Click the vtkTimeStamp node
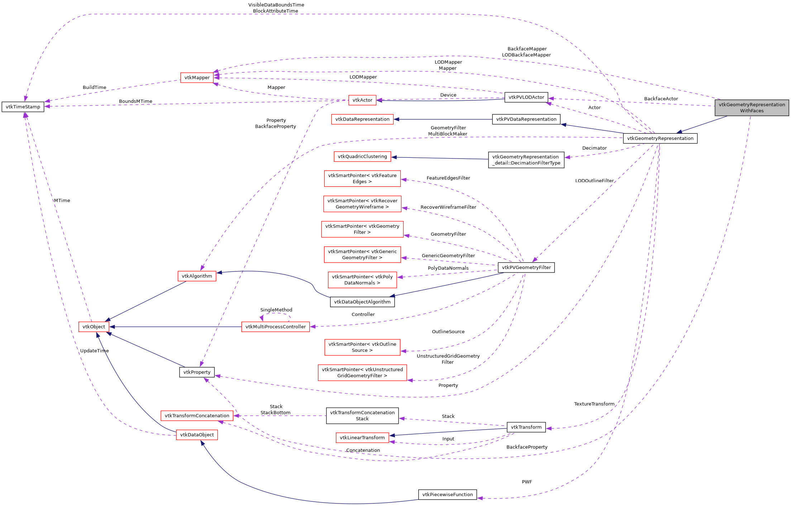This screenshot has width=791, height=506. pos(23,107)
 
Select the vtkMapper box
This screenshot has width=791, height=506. pos(197,77)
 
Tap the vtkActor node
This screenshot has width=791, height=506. pos(362,100)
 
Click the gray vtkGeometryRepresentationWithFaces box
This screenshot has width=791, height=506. pos(752,108)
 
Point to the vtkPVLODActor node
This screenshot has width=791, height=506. pos(526,97)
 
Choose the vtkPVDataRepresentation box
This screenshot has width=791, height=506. pos(526,119)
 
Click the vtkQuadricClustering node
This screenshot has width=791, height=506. pos(362,156)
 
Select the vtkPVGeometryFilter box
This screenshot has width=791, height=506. pos(526,267)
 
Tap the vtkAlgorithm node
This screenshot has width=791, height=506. pos(197,276)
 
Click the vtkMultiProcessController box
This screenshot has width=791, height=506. pos(275,327)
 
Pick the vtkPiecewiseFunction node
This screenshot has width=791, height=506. pos(447,495)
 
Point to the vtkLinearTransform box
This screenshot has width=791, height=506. pos(362,438)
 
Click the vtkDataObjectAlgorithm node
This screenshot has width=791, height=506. pos(362,302)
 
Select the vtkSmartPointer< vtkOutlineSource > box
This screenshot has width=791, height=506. pos(362,347)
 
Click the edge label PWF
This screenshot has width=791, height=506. pos(526,482)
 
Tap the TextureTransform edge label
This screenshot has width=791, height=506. pos(594,404)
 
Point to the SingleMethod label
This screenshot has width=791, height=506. pos(276,310)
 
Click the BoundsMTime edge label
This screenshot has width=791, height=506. pos(135,101)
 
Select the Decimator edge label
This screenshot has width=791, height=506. pos(594,148)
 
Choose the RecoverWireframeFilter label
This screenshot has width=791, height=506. pos(448,207)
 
